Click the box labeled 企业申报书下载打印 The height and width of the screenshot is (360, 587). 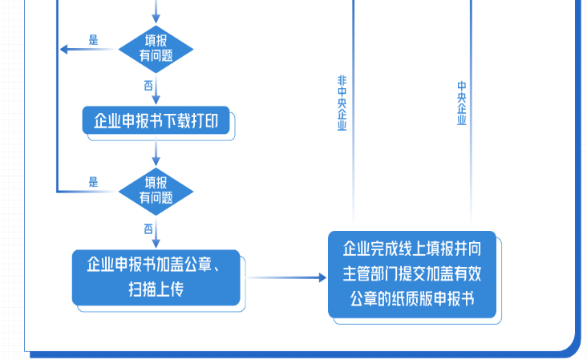156,122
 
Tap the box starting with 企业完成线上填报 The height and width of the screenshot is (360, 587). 412,274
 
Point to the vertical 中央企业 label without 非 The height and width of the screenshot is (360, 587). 461,103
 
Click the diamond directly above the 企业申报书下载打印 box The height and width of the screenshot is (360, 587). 156,47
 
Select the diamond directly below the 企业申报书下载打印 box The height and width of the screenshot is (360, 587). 156,191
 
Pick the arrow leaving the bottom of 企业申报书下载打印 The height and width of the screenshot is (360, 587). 156,152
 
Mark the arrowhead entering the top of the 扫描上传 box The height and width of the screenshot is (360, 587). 156,244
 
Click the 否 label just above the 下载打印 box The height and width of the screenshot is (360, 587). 148,84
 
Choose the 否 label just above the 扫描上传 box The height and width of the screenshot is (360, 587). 148,229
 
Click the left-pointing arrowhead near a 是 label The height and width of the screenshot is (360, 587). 65,49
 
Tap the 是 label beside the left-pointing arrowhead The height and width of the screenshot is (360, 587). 93,39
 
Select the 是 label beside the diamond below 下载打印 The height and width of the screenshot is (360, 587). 93,182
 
